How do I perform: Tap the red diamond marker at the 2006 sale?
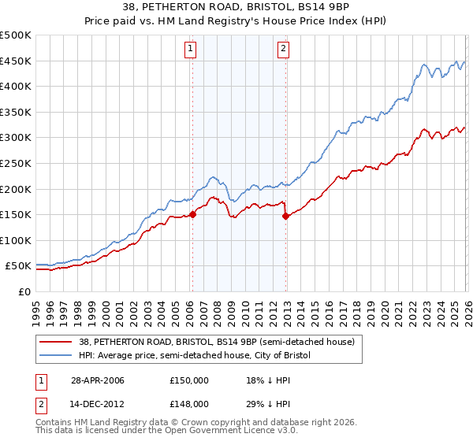click(192, 214)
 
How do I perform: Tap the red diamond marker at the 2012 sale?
click(285, 216)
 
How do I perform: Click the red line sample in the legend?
click(56, 342)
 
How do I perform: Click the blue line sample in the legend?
click(56, 355)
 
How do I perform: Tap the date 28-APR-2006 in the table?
click(91, 380)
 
